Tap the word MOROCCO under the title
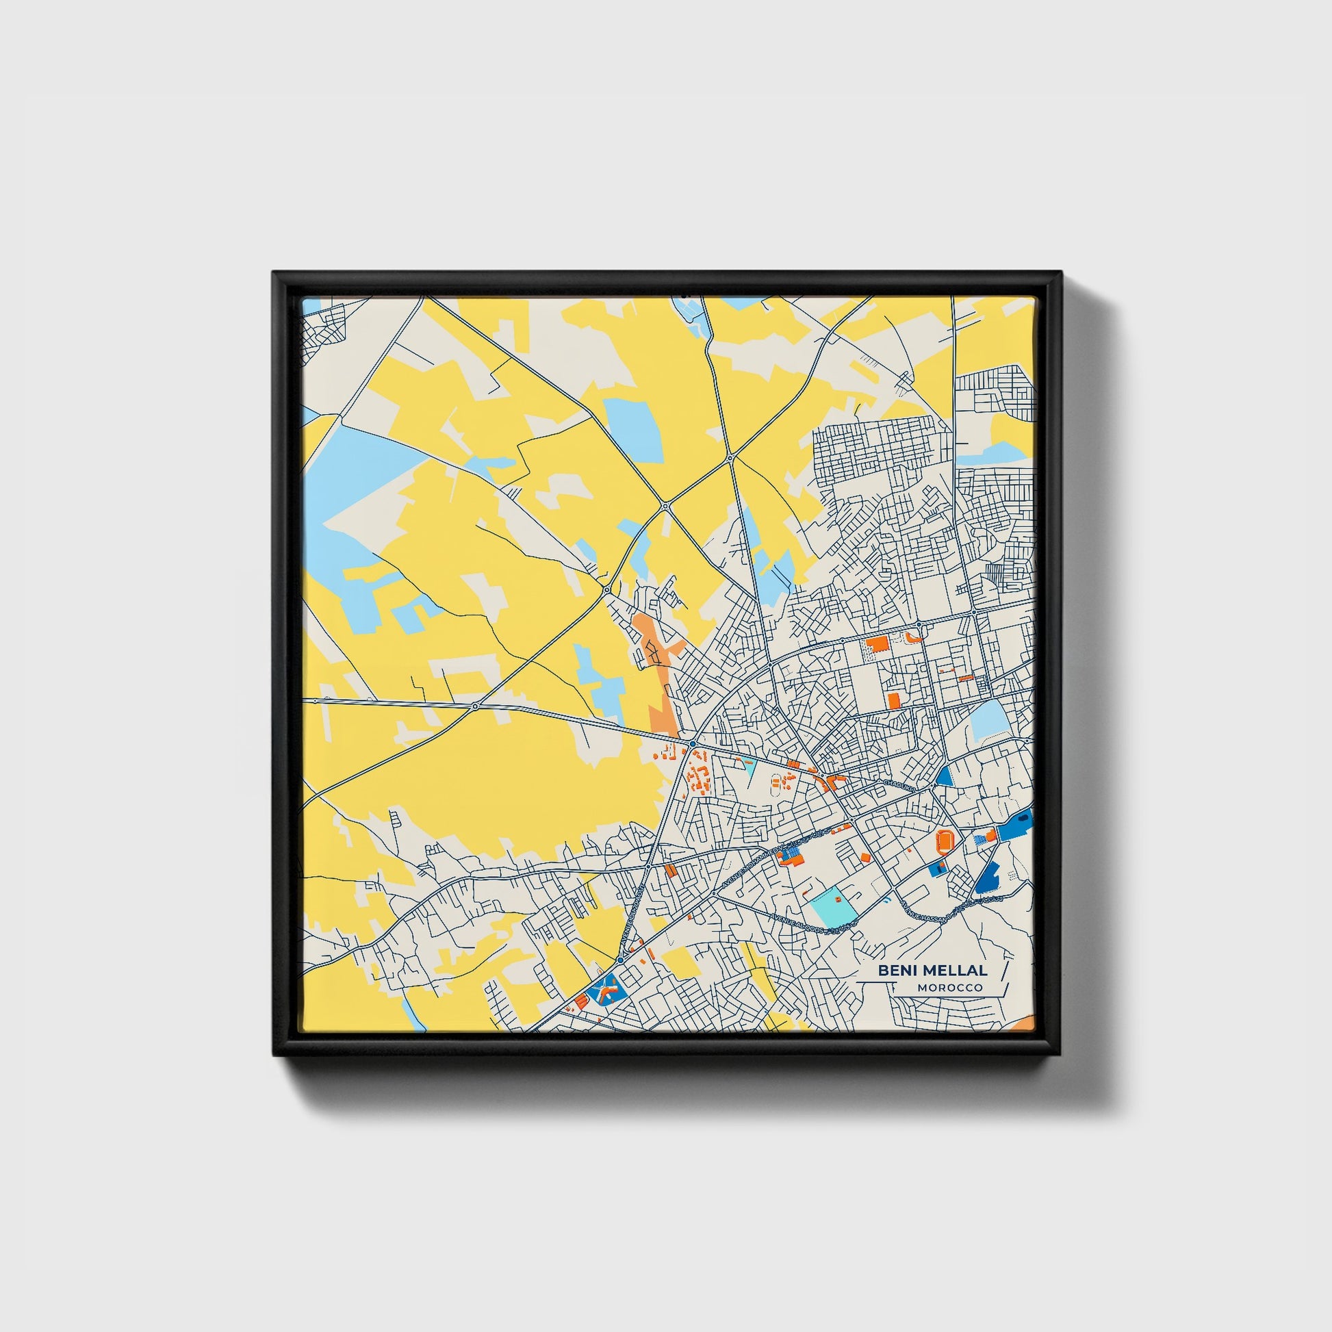pos(949,988)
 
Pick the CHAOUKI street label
pos(898,784)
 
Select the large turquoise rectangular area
pos(834,907)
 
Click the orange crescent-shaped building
pos(914,637)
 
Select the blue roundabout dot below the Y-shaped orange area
pos(691,744)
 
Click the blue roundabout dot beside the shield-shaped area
pos(621,960)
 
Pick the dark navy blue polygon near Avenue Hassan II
pos(988,878)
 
